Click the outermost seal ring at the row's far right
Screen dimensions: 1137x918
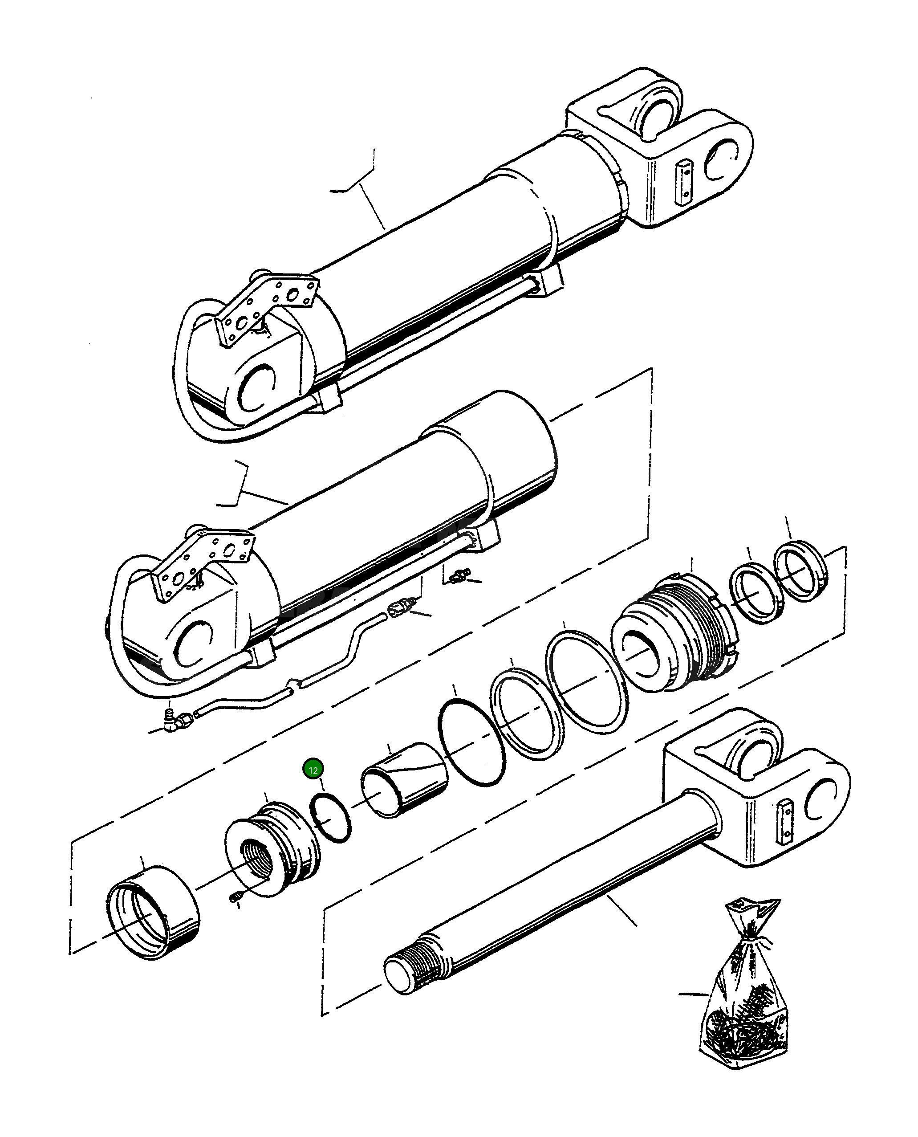(801, 571)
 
